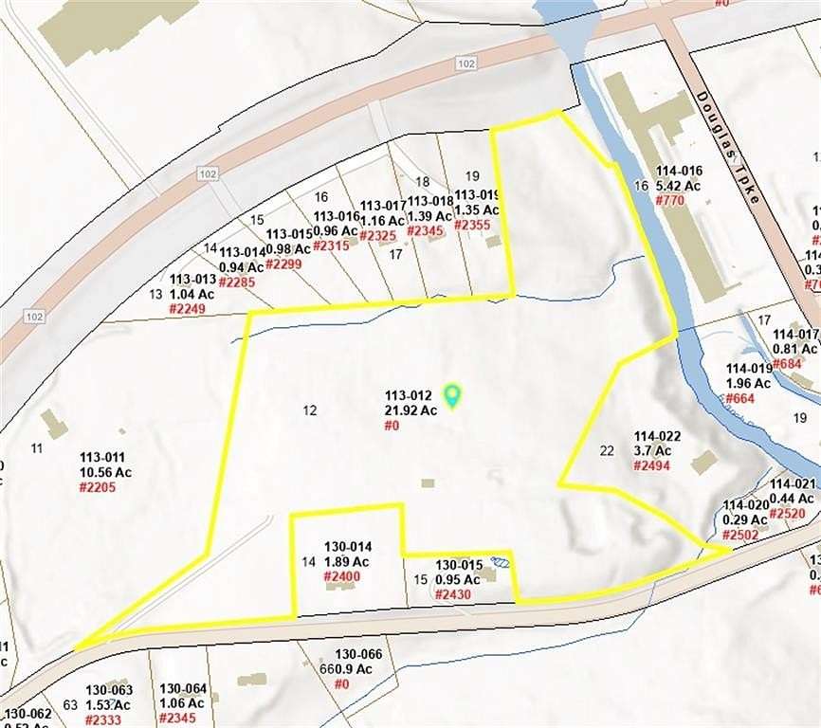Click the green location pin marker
(453, 395)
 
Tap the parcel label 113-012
(409, 396)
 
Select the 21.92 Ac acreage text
(410, 410)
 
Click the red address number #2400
(342, 576)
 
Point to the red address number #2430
(453, 594)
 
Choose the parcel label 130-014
(348, 547)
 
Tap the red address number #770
(669, 201)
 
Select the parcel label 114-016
(679, 172)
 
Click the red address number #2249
(188, 309)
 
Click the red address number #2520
(787, 513)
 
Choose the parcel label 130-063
(109, 690)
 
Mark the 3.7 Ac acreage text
(652, 450)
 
